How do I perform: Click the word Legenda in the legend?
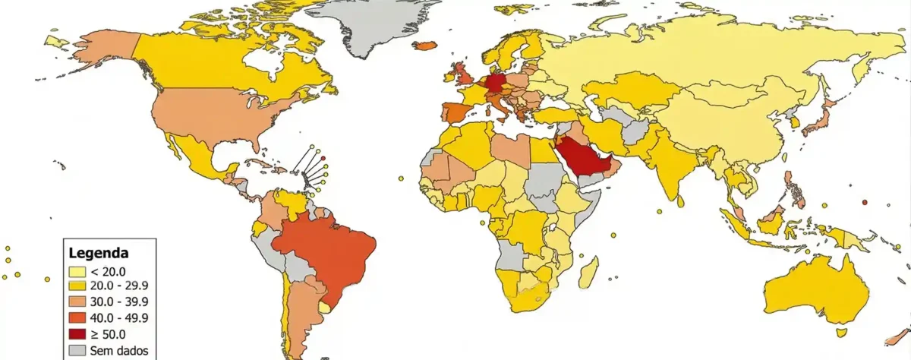[99, 253]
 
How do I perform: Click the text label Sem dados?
[114, 351]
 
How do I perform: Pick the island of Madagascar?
[588, 271]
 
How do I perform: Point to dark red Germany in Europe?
[497, 83]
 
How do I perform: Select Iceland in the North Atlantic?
[427, 46]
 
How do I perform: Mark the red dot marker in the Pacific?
[865, 203]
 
